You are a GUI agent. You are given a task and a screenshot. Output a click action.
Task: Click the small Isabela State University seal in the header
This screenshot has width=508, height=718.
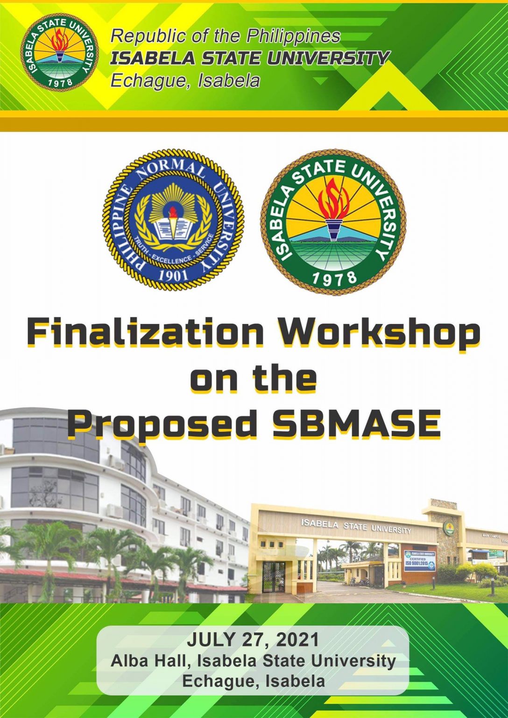coord(59,52)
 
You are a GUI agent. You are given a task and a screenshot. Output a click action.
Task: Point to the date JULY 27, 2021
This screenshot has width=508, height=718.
coord(253,639)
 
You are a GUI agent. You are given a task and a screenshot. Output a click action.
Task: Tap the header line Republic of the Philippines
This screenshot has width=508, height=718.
coord(226,36)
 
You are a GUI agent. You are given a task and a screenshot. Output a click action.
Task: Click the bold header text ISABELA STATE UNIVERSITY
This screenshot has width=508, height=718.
coord(250,58)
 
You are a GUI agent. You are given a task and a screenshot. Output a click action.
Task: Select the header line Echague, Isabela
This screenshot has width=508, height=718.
coord(185,81)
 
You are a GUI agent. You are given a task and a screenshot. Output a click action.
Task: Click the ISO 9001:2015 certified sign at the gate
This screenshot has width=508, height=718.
coord(419,560)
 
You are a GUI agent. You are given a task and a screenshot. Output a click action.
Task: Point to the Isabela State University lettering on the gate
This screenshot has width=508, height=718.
coord(356,526)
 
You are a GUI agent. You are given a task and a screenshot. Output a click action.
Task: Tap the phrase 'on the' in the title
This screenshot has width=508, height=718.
coord(253,379)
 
